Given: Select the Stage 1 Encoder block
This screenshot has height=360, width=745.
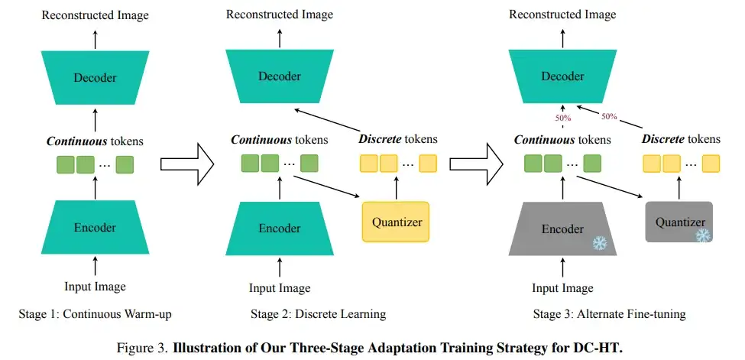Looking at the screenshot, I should coord(95,227).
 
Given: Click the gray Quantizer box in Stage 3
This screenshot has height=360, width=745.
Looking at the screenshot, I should coord(679,222).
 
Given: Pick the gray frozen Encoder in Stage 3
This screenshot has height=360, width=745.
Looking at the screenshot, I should coord(562,229).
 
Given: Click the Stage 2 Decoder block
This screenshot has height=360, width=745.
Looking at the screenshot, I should coord(280,76).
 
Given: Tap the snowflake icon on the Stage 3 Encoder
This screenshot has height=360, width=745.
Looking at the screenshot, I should coord(601,243).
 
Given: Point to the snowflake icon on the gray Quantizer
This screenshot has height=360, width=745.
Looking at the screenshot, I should coord(702,235).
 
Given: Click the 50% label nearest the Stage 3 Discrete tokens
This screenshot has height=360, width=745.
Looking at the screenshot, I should coord(609,116).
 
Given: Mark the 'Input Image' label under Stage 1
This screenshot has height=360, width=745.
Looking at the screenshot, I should coord(95,287).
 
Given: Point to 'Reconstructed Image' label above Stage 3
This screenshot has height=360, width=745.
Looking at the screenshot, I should coord(562,15).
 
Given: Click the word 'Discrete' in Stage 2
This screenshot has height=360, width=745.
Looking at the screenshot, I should coord(380,139).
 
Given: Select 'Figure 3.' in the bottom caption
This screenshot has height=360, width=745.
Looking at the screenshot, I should coord(143,348).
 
